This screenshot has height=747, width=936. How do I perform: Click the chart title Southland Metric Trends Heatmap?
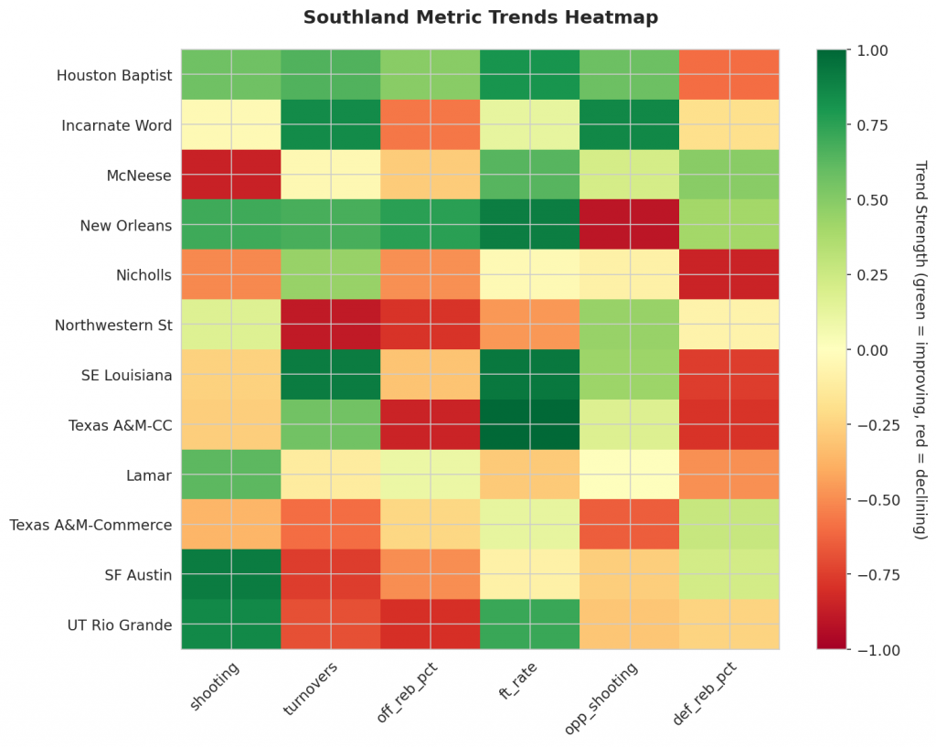click(481, 16)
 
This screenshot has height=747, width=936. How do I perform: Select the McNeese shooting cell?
click(231, 175)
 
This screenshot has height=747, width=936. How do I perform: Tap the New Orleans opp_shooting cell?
click(630, 225)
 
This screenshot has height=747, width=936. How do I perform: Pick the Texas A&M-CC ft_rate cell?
click(530, 424)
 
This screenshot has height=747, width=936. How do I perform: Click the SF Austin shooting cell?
click(231, 574)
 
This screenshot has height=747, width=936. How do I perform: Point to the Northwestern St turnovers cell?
click(331, 325)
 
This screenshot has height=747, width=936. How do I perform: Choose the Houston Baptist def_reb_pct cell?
click(729, 75)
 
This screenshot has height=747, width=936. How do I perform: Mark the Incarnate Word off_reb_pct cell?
click(431, 124)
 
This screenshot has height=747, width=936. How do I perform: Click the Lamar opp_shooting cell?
click(630, 475)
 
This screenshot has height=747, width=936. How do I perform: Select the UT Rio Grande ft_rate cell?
click(530, 624)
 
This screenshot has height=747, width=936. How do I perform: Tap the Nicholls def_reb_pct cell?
click(729, 274)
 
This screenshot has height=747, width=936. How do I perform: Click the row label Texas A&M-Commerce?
click(90, 525)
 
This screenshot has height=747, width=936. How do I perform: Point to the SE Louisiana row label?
click(126, 375)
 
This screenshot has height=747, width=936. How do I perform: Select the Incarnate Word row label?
click(116, 125)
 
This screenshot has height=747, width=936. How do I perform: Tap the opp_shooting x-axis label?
click(601, 698)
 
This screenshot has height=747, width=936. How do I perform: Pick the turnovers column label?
click(310, 688)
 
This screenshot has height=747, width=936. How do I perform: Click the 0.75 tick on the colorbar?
click(873, 124)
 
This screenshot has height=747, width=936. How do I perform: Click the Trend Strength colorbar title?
click(921, 350)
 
